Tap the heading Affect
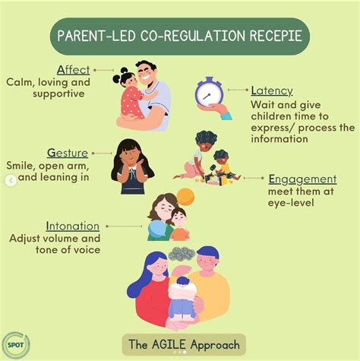(71, 69)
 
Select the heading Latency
(272, 91)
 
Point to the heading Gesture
(68, 153)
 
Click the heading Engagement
(302, 179)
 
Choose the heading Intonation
(72, 226)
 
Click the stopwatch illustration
(210, 94)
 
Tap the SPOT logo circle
(14, 345)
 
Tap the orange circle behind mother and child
(185, 197)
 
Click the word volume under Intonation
(68, 237)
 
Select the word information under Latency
(282, 139)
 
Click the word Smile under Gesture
(21, 165)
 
